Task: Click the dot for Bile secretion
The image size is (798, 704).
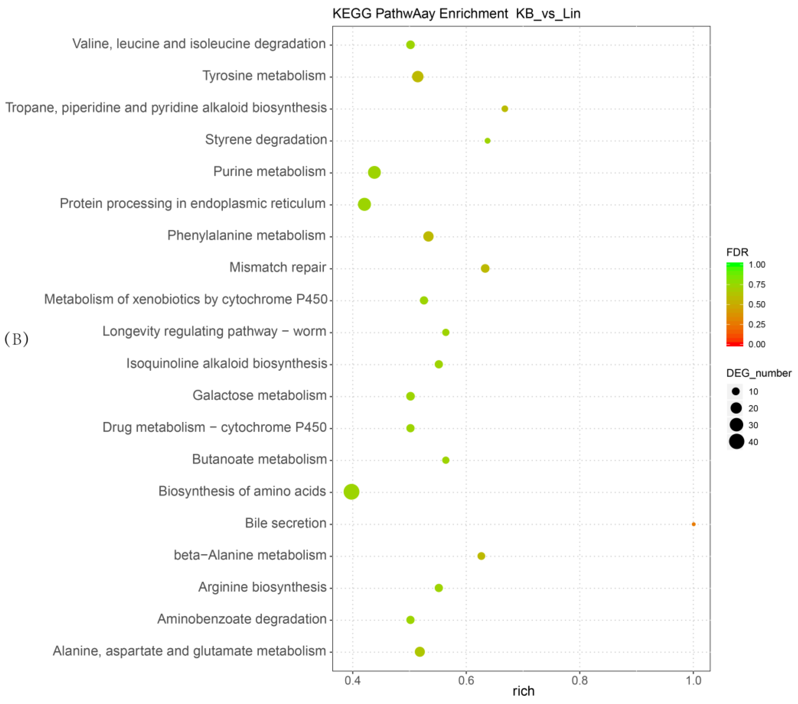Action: tap(693, 524)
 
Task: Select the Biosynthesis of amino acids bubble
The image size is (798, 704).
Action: tap(351, 492)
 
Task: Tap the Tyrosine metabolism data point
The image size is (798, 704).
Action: tap(418, 76)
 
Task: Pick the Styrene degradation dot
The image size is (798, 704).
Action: tap(487, 141)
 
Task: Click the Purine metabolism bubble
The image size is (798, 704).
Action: tap(374, 172)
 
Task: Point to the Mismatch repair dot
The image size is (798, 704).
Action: tap(485, 268)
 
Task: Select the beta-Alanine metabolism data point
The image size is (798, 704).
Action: tap(481, 556)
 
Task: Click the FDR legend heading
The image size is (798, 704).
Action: tap(737, 252)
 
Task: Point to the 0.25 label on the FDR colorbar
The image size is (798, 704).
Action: tap(757, 324)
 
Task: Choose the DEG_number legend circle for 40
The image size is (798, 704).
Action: tap(736, 442)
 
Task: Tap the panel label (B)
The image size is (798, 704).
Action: tap(16, 339)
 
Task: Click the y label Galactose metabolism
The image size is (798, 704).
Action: tap(259, 395)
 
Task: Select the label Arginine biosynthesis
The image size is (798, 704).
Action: tap(262, 587)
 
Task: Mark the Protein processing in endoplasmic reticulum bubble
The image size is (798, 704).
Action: tap(364, 204)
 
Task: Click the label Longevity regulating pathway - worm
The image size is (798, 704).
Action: tap(214, 331)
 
